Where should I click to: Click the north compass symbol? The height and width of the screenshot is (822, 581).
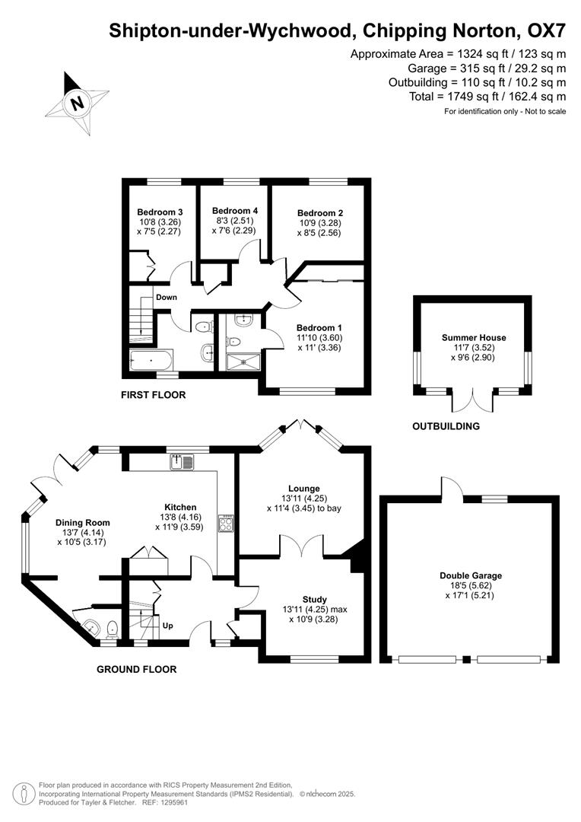click(x=77, y=103)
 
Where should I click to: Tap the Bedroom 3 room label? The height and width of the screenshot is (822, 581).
click(x=160, y=212)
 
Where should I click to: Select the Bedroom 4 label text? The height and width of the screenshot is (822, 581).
click(x=235, y=211)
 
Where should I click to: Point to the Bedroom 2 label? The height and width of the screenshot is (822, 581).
click(x=320, y=213)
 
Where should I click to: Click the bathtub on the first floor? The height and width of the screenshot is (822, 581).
click(x=152, y=359)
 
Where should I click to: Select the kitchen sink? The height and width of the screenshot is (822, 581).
click(x=183, y=460)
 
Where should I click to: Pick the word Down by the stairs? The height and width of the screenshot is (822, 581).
click(x=167, y=297)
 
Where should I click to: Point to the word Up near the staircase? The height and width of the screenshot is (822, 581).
click(x=168, y=626)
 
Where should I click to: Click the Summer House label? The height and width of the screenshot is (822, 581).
click(x=474, y=337)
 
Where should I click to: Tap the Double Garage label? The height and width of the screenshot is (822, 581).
click(x=471, y=576)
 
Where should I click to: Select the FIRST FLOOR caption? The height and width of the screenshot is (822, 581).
click(x=153, y=395)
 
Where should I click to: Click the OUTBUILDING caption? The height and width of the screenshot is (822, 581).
click(x=446, y=426)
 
